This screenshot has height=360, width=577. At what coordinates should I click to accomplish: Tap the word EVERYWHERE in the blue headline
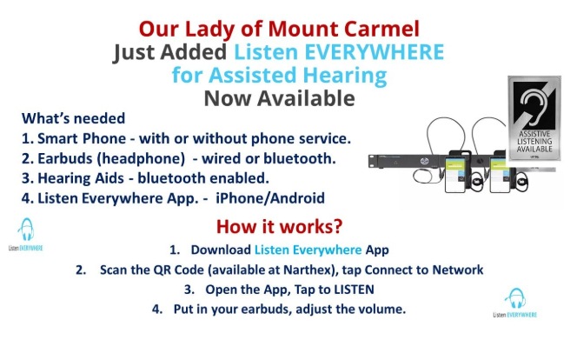point(375,51)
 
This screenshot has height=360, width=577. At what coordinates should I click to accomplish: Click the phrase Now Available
point(279,98)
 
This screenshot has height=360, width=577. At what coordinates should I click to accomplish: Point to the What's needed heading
point(74,118)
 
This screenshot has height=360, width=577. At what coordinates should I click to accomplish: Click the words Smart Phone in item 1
point(82,138)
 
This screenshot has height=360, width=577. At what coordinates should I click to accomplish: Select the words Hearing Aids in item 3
point(81,178)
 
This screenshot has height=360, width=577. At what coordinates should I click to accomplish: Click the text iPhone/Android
point(270,198)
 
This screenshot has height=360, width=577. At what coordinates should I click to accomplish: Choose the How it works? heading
point(279,226)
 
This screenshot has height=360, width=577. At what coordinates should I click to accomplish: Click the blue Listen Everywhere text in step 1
point(308,250)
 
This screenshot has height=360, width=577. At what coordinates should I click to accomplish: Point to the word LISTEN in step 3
point(354,290)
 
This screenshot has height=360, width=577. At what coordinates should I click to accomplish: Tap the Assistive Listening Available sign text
point(534,142)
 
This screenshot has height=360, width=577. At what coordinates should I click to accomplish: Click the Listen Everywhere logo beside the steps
point(514,303)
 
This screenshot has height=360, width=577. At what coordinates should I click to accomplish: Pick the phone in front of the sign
point(500,171)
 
